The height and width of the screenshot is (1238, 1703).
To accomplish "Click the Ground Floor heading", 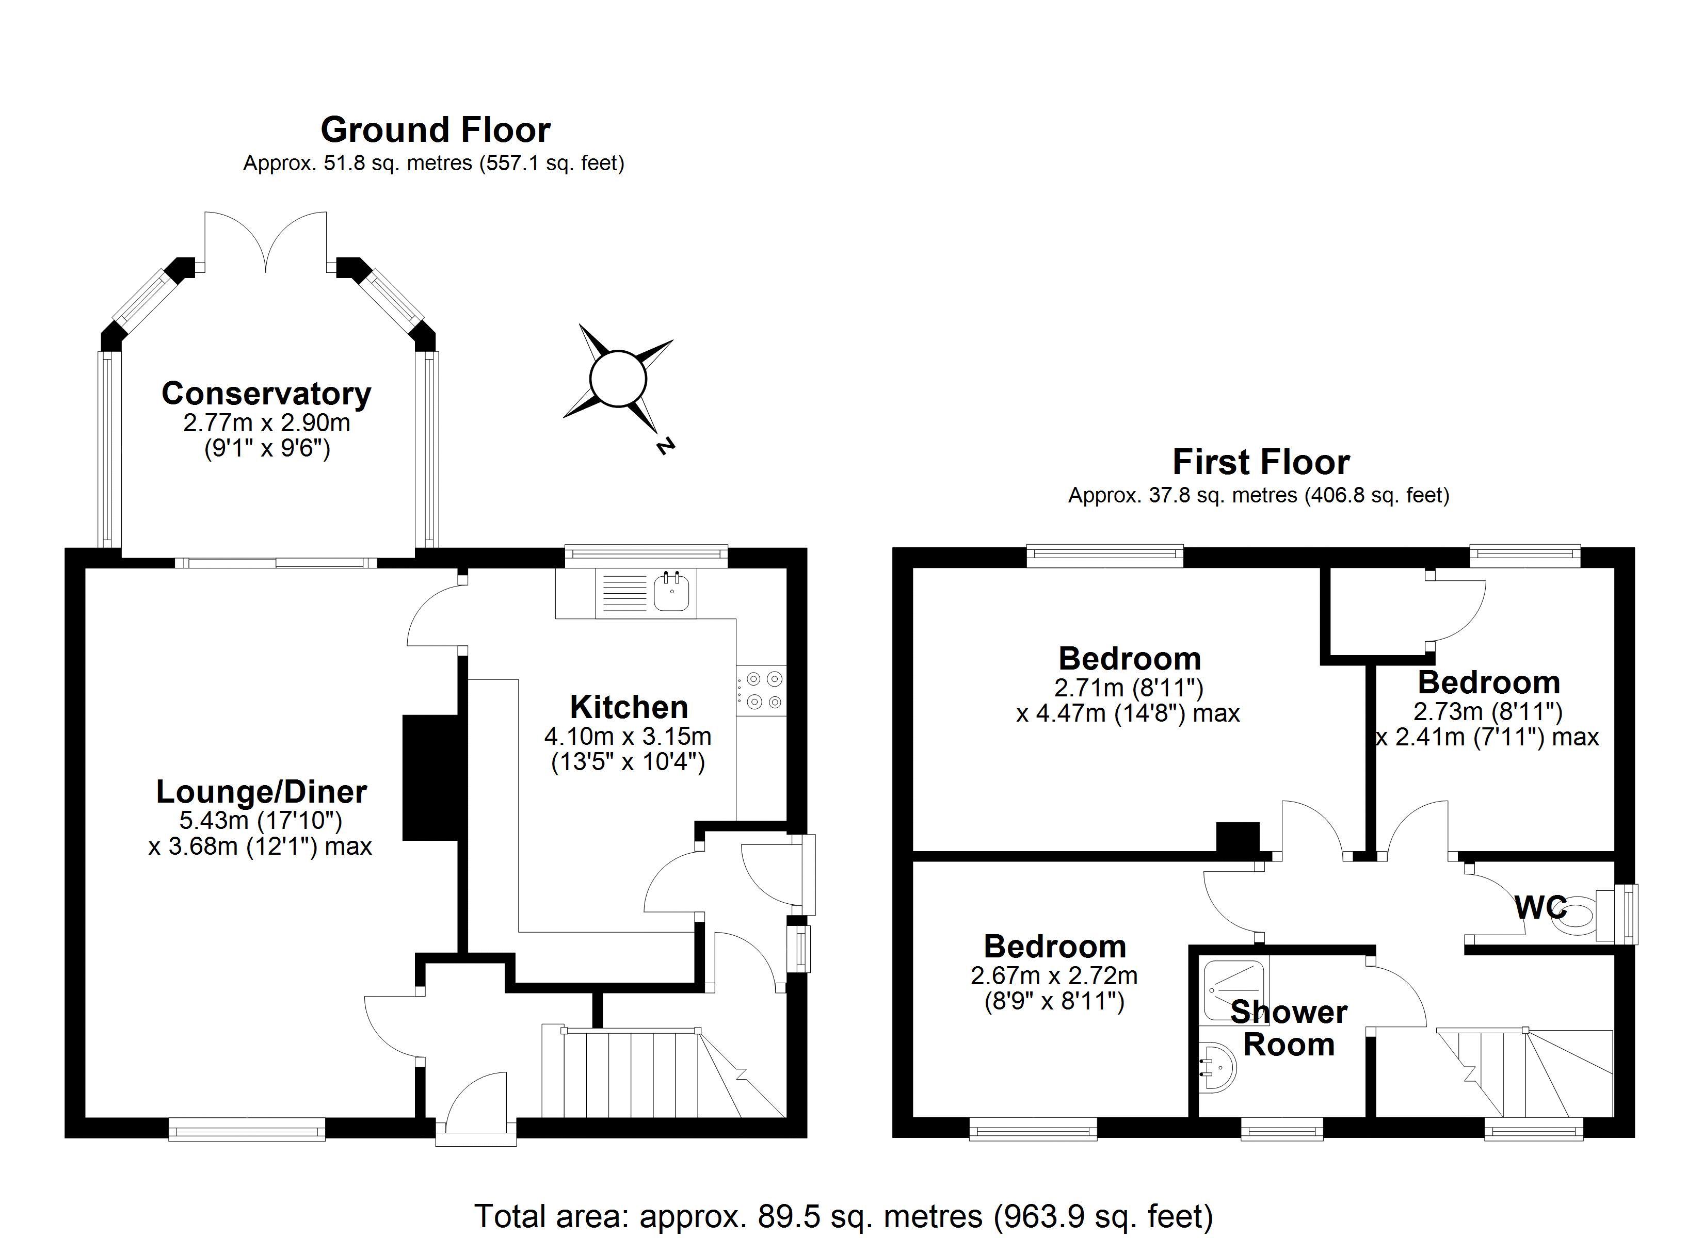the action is point(436,131).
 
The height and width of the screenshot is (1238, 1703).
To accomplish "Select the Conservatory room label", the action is point(267,394).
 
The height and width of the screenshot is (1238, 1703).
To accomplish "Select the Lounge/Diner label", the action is point(261,791).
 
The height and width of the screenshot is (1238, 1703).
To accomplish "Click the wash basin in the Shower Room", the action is point(1218,1070).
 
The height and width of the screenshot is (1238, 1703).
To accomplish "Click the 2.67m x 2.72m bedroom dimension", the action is point(1054,976).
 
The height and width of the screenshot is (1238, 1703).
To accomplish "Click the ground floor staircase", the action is point(665,1072).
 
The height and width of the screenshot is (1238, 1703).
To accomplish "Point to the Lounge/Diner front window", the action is point(247,1129).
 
